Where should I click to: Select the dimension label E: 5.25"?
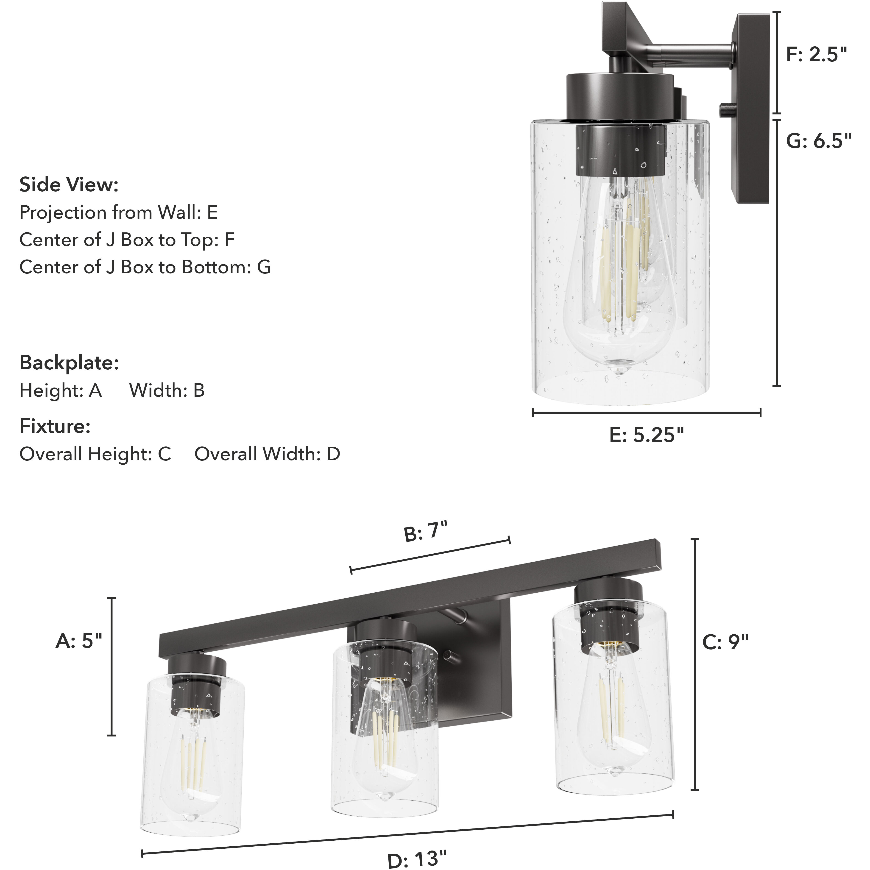click(x=647, y=435)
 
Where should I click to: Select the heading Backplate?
click(x=69, y=362)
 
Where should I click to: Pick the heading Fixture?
click(x=55, y=426)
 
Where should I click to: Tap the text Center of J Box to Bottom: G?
click(x=145, y=267)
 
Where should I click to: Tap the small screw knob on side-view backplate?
click(x=726, y=109)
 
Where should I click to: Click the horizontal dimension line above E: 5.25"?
click(x=647, y=413)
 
